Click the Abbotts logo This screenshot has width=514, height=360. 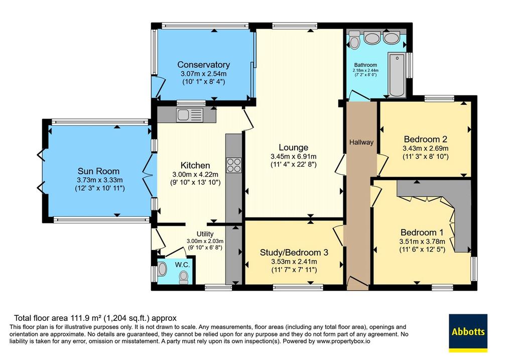coord(468,333)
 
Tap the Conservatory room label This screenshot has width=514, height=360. coord(203,65)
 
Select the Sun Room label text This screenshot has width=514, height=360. coord(98,171)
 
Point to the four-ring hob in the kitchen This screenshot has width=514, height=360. coord(233,165)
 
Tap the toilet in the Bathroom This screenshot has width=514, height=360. coord(354,40)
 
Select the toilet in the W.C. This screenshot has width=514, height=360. coord(184,278)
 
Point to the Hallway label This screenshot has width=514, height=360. coord(361,142)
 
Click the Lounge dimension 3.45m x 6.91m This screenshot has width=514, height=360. coord(293,156)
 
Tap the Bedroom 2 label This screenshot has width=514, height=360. coord(426,139)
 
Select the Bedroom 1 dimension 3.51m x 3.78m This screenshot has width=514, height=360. coord(422,242)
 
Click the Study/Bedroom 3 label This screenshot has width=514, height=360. coord(294,253)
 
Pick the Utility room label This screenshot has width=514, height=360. coord(205,234)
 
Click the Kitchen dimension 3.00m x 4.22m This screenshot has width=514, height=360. coord(195,174)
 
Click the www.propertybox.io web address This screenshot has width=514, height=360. coord(343,341)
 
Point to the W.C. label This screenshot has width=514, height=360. coord(182,265)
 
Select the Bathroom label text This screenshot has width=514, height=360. coord(365,65)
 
